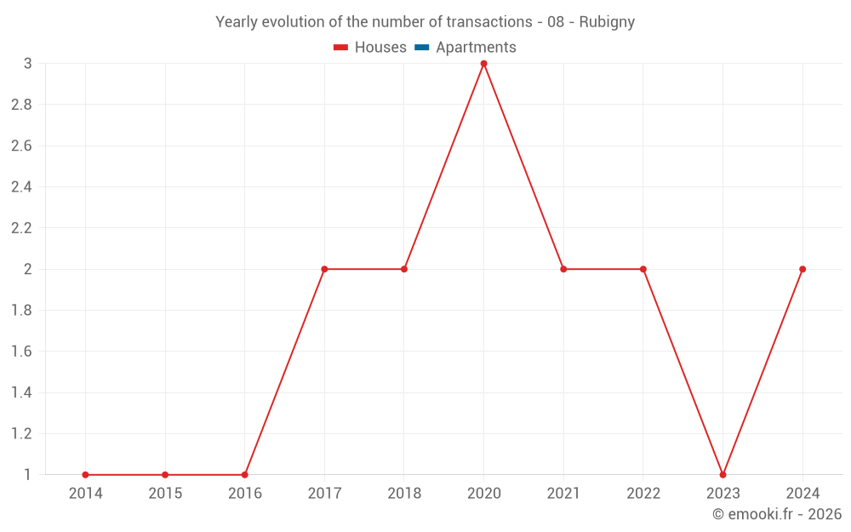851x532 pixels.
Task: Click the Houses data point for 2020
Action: (483, 64)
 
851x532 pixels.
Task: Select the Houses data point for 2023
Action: (722, 474)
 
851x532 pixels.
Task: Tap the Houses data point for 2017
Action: (324, 269)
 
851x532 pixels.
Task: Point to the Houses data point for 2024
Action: (802, 269)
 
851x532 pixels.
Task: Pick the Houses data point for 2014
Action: (85, 474)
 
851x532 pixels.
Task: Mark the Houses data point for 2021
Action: (563, 269)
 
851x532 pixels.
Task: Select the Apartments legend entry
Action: (476, 48)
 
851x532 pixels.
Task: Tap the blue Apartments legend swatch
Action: (421, 48)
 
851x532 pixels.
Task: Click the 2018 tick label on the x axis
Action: (404, 493)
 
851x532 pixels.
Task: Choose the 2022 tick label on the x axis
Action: (643, 493)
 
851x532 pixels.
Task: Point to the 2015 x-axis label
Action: (165, 493)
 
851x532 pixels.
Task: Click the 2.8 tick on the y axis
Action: (21, 105)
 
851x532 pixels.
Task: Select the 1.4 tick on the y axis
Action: (21, 392)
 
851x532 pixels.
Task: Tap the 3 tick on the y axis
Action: (27, 64)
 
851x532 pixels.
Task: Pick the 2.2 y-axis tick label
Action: (21, 228)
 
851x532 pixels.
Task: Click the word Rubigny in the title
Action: (607, 22)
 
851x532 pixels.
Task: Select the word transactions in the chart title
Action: (489, 22)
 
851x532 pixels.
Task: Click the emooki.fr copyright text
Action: (777, 514)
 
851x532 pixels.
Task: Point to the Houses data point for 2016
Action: (244, 474)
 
